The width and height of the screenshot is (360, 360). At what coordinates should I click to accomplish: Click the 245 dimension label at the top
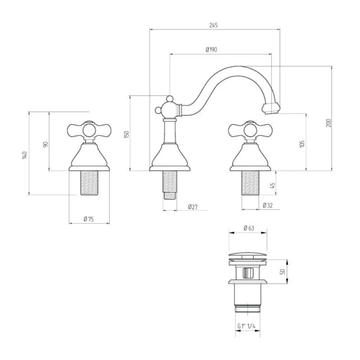pyautogui.click(x=213, y=25)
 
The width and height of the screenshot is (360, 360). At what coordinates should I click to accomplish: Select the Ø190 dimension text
pyautogui.click(x=211, y=49)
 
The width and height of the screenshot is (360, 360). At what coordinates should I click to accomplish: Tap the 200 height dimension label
pyautogui.click(x=329, y=123)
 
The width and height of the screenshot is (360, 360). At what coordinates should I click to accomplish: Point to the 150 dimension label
pyautogui.click(x=127, y=134)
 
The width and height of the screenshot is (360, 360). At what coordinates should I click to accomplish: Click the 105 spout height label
pyautogui.click(x=302, y=144)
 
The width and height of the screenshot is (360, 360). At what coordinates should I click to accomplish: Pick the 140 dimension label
pyautogui.click(x=25, y=155)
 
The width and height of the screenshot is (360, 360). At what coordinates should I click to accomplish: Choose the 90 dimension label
pyautogui.click(x=46, y=145)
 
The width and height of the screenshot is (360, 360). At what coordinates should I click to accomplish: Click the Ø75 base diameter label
pyautogui.click(x=89, y=219)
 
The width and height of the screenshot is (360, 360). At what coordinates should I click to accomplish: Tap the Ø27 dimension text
pyautogui.click(x=193, y=207)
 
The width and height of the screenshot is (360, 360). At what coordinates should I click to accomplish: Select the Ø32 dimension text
pyautogui.click(x=268, y=205)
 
